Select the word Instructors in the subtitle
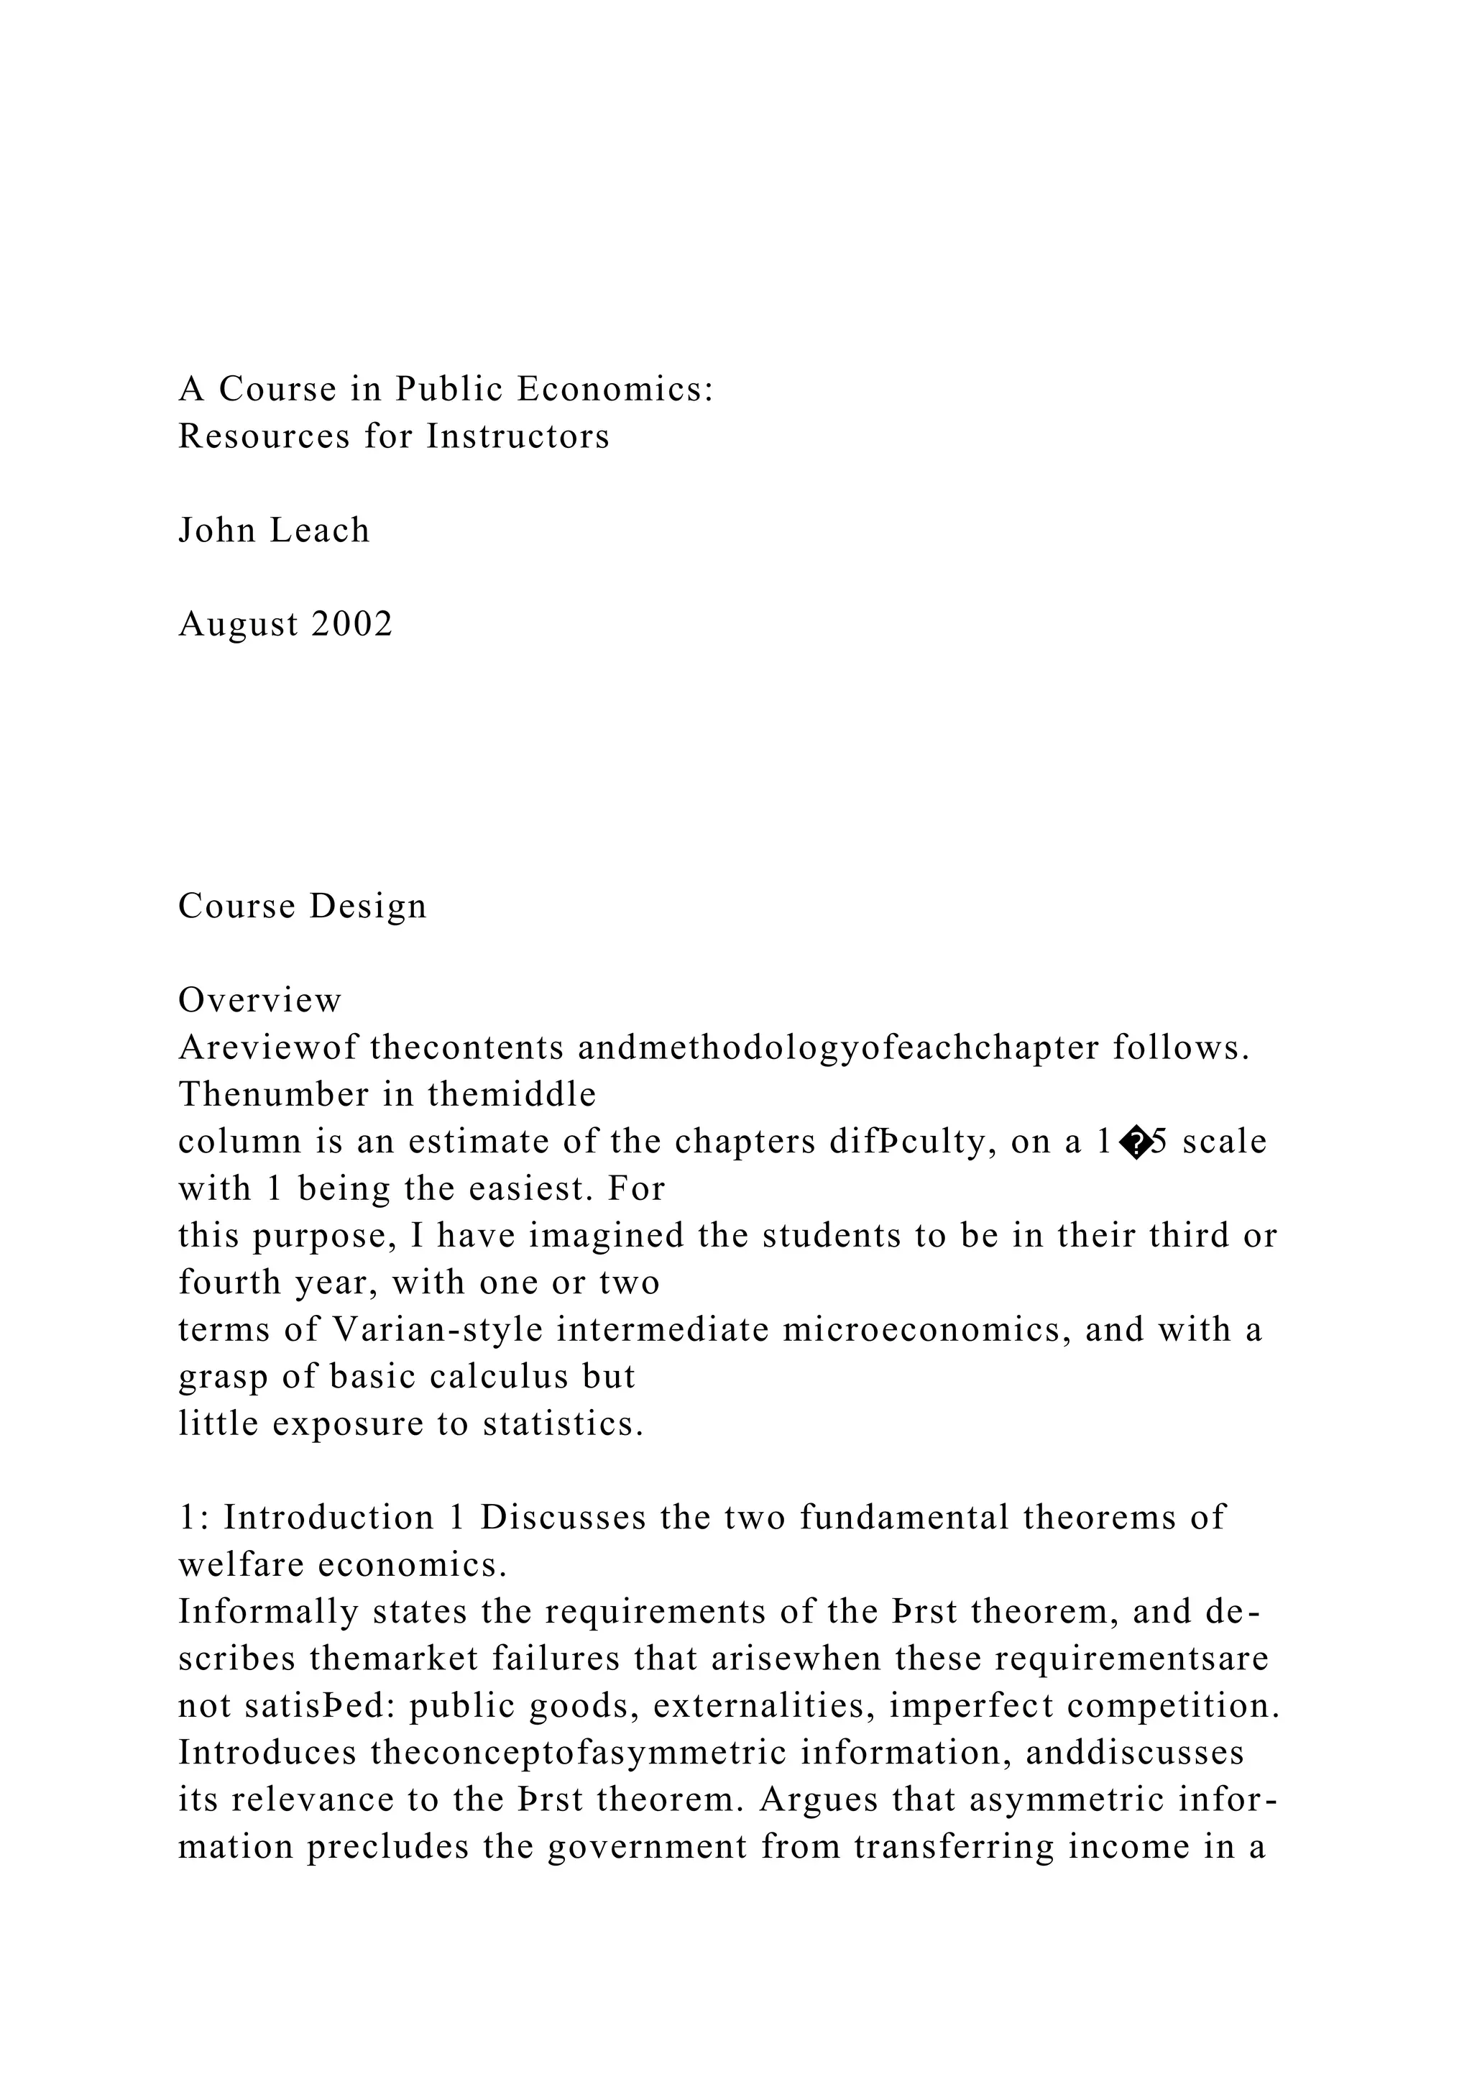tap(518, 436)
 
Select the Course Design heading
tap(302, 906)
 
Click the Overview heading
tap(260, 1000)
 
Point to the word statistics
tap(563, 1423)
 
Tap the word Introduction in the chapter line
tap(329, 1518)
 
